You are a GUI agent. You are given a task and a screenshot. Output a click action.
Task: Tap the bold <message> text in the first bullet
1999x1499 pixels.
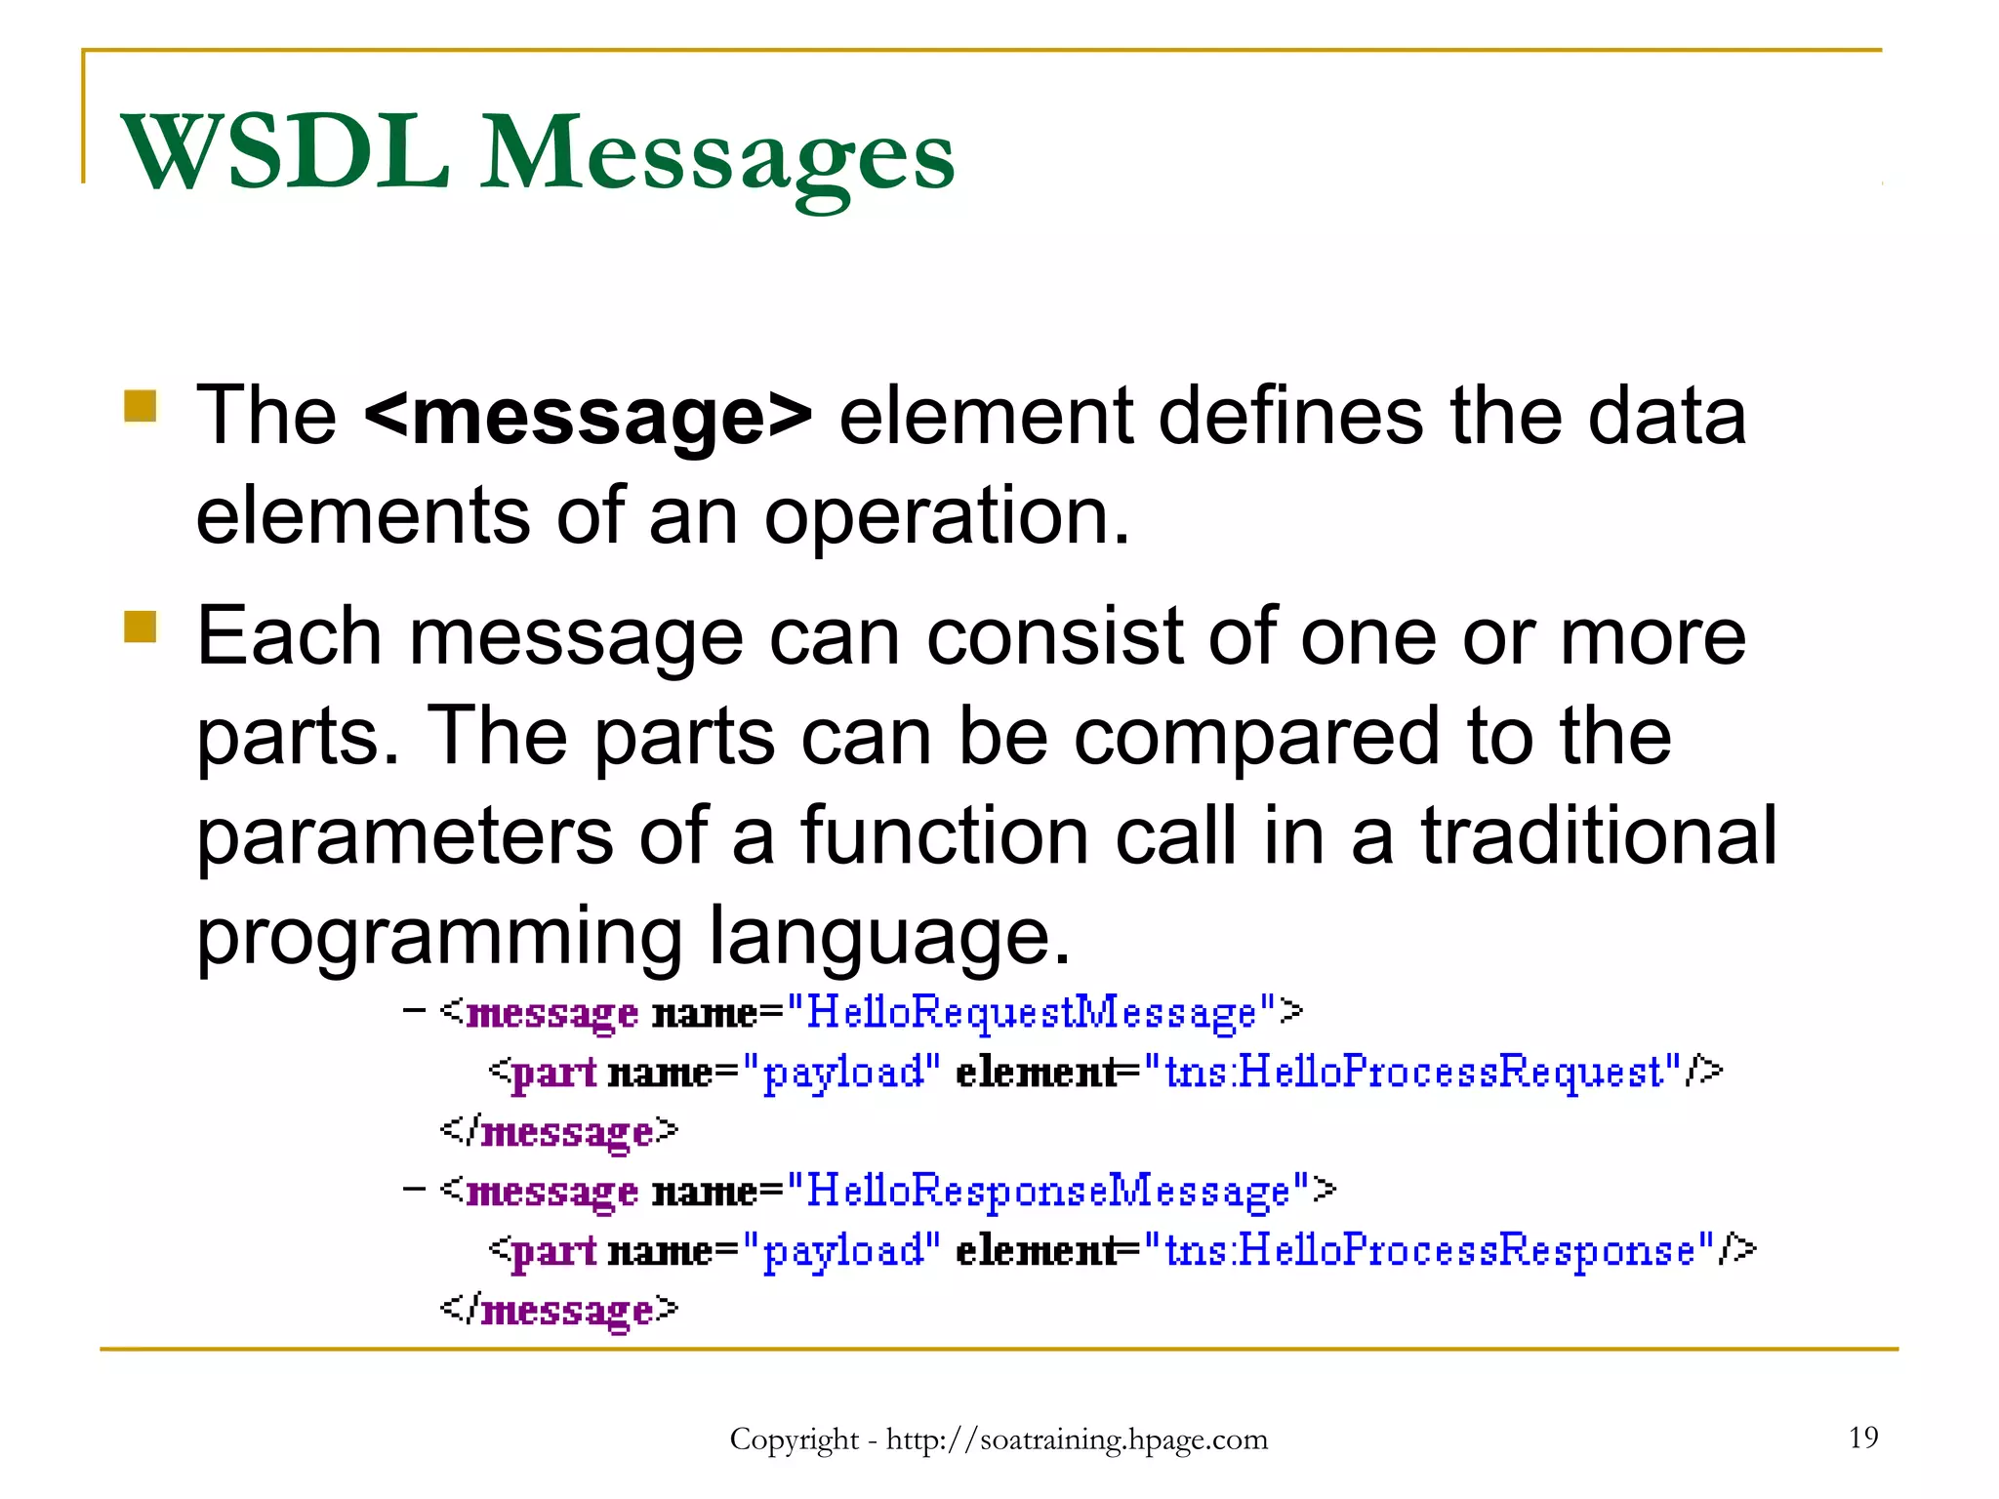click(x=588, y=416)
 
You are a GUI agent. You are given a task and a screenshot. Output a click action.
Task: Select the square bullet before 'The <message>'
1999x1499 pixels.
click(x=141, y=406)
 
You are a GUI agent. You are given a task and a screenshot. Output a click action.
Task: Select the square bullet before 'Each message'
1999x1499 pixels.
click(x=141, y=627)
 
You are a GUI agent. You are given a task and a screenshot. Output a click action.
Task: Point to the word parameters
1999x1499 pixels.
click(x=404, y=837)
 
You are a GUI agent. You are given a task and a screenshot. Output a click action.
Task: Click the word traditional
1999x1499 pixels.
click(x=1598, y=837)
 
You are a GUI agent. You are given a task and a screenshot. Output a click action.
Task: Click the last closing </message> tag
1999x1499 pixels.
click(x=558, y=1310)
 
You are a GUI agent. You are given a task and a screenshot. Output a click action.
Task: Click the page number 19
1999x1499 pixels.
click(x=1862, y=1437)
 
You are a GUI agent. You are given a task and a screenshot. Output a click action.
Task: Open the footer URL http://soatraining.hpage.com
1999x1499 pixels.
click(x=1076, y=1439)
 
